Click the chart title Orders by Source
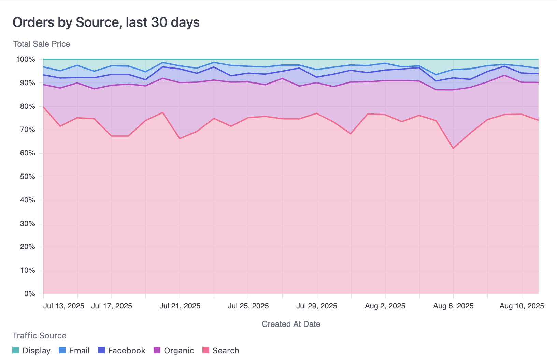(x=106, y=22)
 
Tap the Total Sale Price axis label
(x=42, y=44)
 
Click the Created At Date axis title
(x=291, y=324)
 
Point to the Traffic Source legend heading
(x=39, y=336)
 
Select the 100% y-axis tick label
(x=26, y=59)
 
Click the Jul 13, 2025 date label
(x=63, y=306)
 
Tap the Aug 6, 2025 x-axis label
(x=453, y=306)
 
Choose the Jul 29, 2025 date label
(x=316, y=306)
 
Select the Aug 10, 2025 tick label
(x=522, y=306)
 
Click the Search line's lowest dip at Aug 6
(x=453, y=149)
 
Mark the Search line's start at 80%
(x=43, y=107)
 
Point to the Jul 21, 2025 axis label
(x=180, y=306)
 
